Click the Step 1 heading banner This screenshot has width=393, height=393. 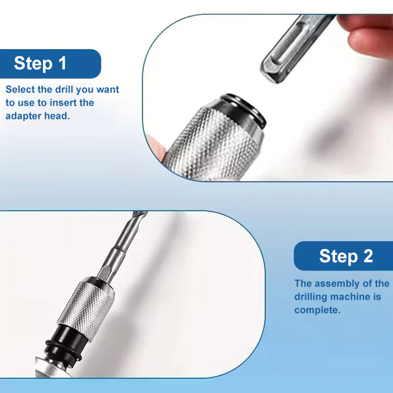(50, 63)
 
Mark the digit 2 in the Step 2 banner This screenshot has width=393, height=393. (368, 256)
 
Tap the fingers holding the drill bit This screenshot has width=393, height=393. (367, 33)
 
